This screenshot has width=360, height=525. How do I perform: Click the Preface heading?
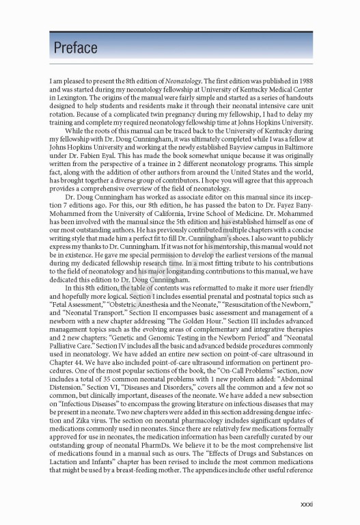(x=75, y=48)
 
